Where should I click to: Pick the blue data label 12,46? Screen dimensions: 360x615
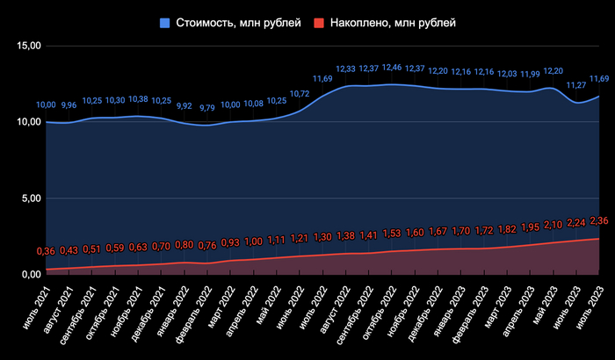tap(392, 68)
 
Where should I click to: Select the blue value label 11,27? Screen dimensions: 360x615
tap(575, 85)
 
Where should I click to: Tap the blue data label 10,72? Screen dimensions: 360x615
tap(300, 94)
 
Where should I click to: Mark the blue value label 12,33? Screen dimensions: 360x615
tap(345, 69)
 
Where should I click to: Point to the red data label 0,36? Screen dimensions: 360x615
tap(46, 252)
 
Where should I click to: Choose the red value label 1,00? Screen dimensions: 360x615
tap(254, 241)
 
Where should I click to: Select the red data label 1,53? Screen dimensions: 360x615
tap(392, 233)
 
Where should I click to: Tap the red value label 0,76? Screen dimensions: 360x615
tap(208, 246)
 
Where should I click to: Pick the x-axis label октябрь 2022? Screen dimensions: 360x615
tap(373, 308)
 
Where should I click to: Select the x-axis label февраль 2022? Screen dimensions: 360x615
tap(191, 308)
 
